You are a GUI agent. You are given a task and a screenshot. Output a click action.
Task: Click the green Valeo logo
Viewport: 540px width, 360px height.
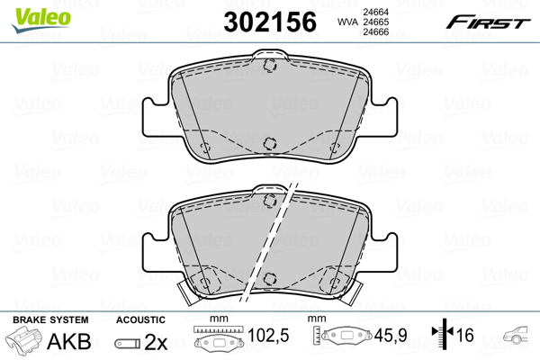(x=41, y=20)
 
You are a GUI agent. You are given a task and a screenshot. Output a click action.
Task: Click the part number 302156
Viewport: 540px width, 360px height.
(x=270, y=22)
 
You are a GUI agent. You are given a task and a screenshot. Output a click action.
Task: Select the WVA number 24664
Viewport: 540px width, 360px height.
(x=376, y=12)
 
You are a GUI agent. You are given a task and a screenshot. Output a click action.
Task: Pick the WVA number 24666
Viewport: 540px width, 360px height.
(x=376, y=32)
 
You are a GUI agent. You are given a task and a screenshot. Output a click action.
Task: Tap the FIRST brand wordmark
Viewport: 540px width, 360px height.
(x=488, y=22)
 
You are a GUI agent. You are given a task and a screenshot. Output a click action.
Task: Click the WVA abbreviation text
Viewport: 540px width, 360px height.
(x=348, y=22)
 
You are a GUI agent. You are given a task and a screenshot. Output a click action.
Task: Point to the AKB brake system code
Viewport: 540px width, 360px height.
(x=69, y=341)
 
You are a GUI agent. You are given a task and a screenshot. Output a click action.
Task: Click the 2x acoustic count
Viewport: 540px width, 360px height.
(x=156, y=342)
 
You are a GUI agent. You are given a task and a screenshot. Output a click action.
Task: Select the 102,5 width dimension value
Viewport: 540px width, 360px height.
(x=268, y=335)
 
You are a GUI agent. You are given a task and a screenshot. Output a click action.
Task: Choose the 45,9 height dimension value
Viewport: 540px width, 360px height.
(x=391, y=335)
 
